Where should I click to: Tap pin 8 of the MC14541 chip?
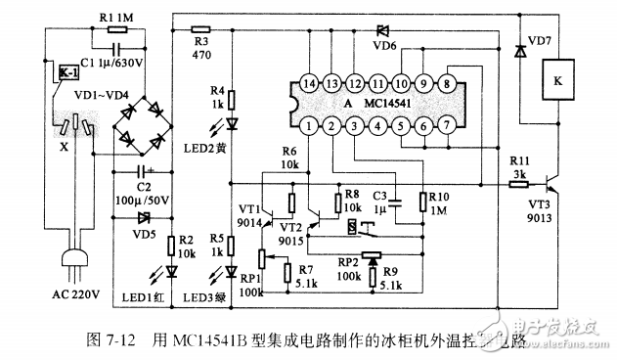446,83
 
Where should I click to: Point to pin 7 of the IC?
446,125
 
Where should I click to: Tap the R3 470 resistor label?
202,49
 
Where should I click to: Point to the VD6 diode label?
385,45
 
